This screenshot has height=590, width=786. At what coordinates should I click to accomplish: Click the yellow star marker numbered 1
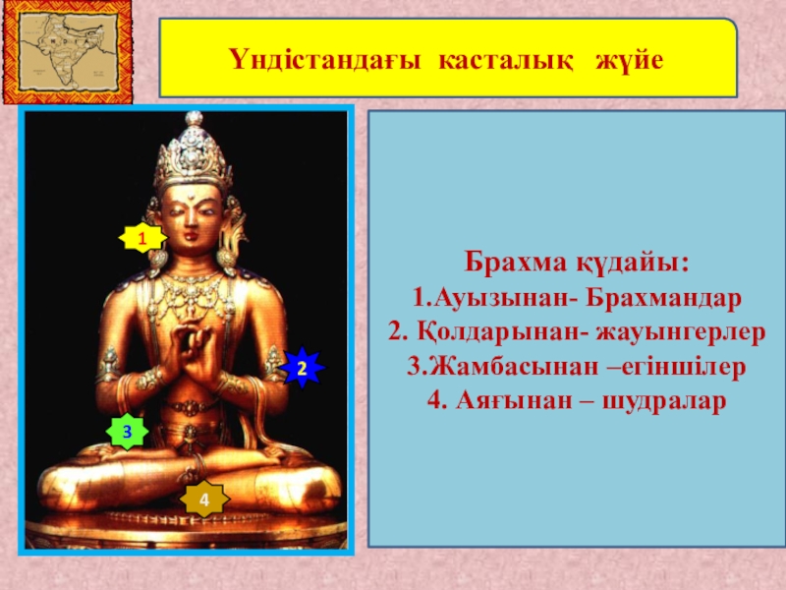pyautogui.click(x=142, y=238)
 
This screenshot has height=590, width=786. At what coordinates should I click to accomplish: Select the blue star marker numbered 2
pyautogui.click(x=302, y=368)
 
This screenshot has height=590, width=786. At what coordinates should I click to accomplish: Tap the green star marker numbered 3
pyautogui.click(x=128, y=432)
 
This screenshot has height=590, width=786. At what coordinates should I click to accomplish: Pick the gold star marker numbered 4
pyautogui.click(x=204, y=500)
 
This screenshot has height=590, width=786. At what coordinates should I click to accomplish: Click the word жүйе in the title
pyautogui.click(x=630, y=60)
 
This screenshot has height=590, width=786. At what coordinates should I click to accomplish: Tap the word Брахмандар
pyautogui.click(x=663, y=298)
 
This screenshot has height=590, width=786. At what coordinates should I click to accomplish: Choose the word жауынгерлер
pyautogui.click(x=681, y=332)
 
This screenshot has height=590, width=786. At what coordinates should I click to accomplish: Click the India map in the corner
pyautogui.click(x=68, y=52)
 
